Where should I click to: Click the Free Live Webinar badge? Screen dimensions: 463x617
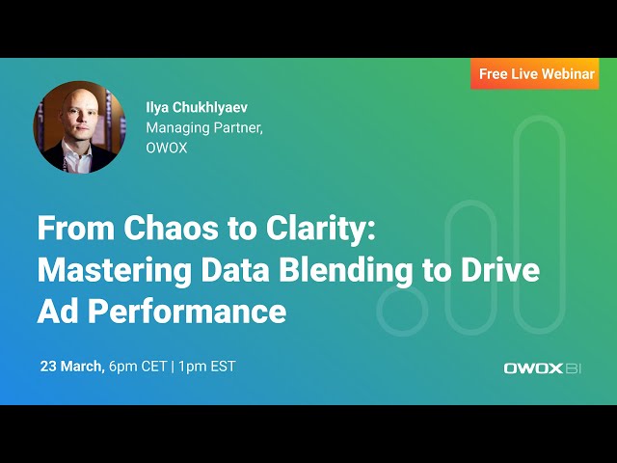536,74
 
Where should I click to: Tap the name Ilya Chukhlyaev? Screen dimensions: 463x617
197,107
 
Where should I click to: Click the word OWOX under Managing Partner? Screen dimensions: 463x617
166,148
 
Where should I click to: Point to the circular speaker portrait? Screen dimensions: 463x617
80,126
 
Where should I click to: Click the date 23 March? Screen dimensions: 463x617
71,367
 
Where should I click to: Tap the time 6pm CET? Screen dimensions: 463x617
137,367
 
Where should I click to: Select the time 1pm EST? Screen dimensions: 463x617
207,367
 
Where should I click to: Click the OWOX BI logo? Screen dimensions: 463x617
543,368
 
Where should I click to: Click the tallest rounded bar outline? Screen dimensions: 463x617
539,222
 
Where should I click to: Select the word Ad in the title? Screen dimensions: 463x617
55,312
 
